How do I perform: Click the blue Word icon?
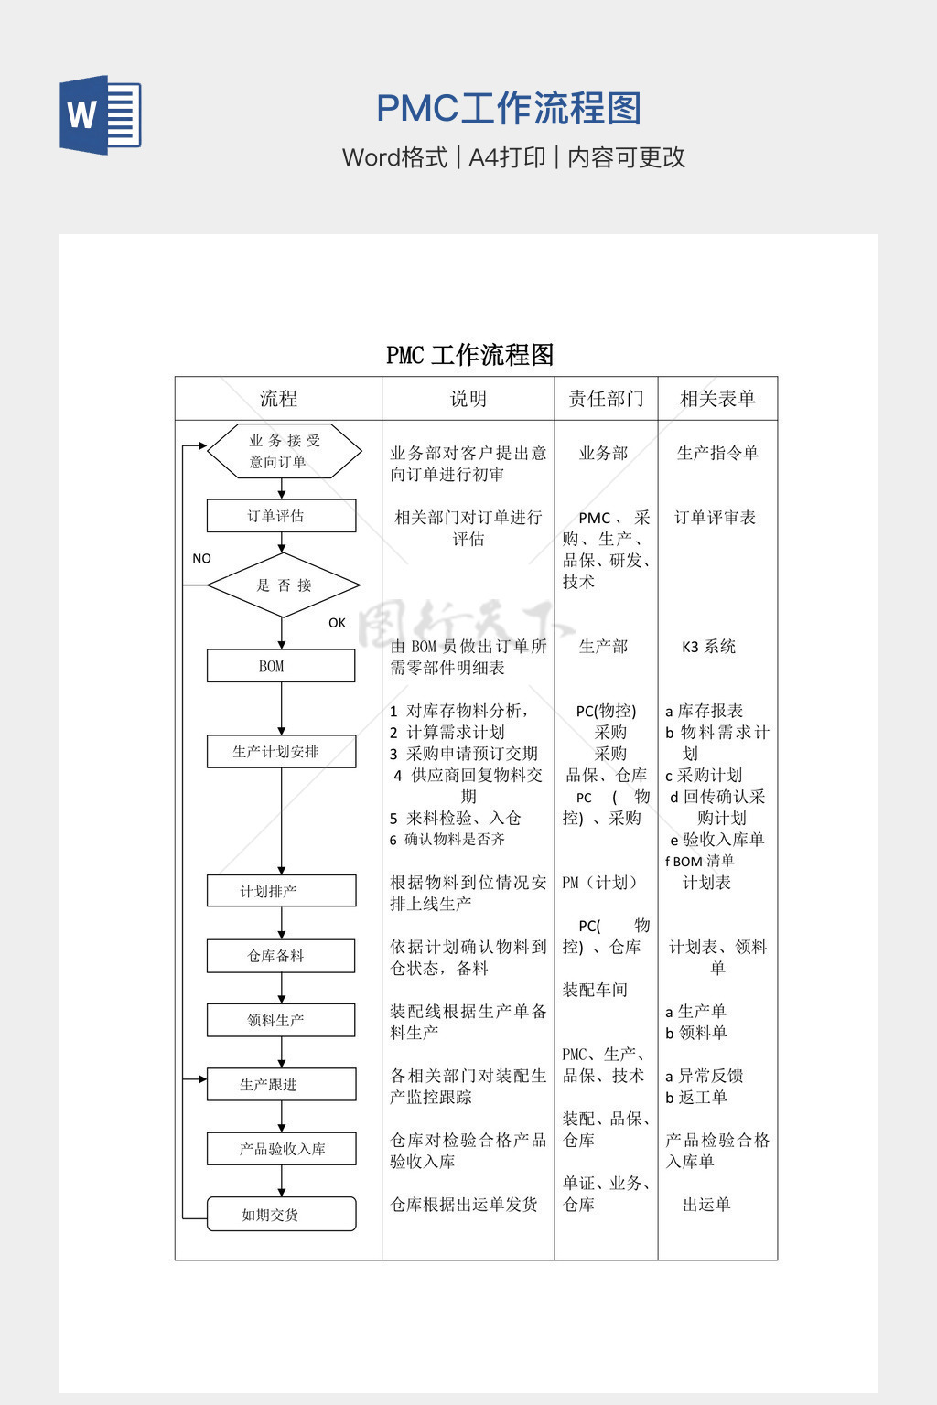pyautogui.click(x=101, y=114)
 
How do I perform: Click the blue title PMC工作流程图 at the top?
pyautogui.click(x=509, y=109)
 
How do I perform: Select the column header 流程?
pyautogui.click(x=278, y=399)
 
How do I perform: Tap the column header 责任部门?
pyautogui.click(x=606, y=399)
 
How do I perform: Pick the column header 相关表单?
pyautogui.click(x=717, y=399)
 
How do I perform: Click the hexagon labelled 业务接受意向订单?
pyautogui.click(x=284, y=451)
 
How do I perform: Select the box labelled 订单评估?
pyautogui.click(x=281, y=516)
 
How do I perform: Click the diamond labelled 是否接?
pyautogui.click(x=284, y=585)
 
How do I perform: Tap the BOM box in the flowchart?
pyautogui.click(x=281, y=666)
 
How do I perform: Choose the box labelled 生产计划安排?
pyautogui.click(x=281, y=752)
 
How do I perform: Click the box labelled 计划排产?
pyautogui.click(x=281, y=891)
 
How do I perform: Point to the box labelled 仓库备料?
pyautogui.click(x=281, y=956)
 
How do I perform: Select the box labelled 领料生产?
pyautogui.click(x=281, y=1020)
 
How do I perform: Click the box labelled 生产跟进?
pyautogui.click(x=281, y=1085)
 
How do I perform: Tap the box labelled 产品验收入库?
pyautogui.click(x=281, y=1149)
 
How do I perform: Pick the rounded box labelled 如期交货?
pyautogui.click(x=281, y=1215)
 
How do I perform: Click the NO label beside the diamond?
pyautogui.click(x=201, y=559)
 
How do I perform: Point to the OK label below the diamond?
pyautogui.click(x=337, y=623)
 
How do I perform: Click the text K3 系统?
pyautogui.click(x=708, y=647)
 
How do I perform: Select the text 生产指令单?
pyautogui.click(x=717, y=453)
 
